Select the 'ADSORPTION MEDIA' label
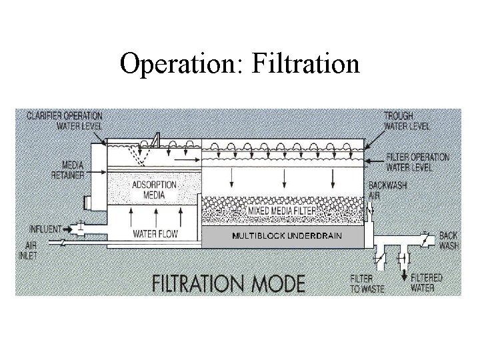pyautogui.click(x=154, y=189)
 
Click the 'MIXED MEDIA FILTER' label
pyautogui.click(x=281, y=211)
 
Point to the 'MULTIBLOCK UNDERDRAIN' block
pyautogui.click(x=287, y=236)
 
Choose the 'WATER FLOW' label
pyautogui.click(x=154, y=234)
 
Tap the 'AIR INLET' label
pyautogui.click(x=30, y=250)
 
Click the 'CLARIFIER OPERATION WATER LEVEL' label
pyautogui.click(x=65, y=120)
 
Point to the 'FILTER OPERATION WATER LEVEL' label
pyautogui.click(x=418, y=162)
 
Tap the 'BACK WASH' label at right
pyautogui.click(x=449, y=241)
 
